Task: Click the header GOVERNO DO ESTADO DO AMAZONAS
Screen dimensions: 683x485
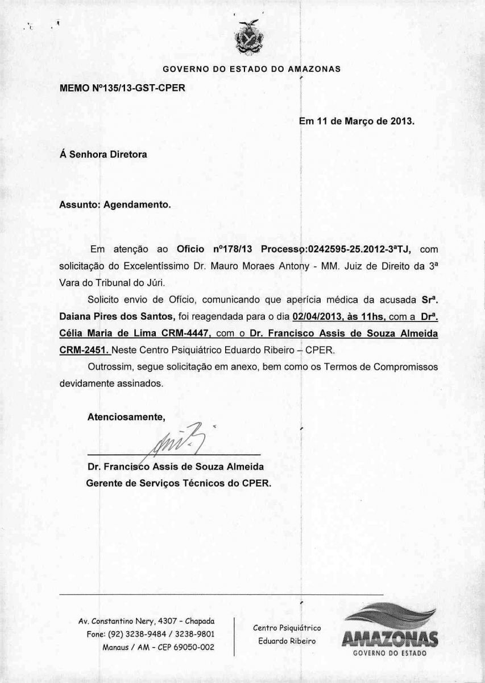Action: coord(251,69)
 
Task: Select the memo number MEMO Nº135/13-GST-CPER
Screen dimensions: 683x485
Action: coord(122,88)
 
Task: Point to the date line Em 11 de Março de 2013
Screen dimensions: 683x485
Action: coord(357,121)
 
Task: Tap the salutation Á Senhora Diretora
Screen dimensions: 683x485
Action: coord(103,154)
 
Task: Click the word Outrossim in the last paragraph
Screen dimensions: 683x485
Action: coord(111,367)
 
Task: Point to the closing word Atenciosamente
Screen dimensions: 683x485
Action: coord(126,417)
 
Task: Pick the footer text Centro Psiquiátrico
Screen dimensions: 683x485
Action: coord(287,628)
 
